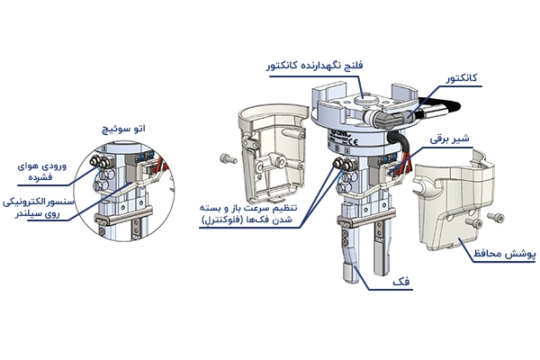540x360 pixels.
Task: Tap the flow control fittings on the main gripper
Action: click(x=343, y=166)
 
